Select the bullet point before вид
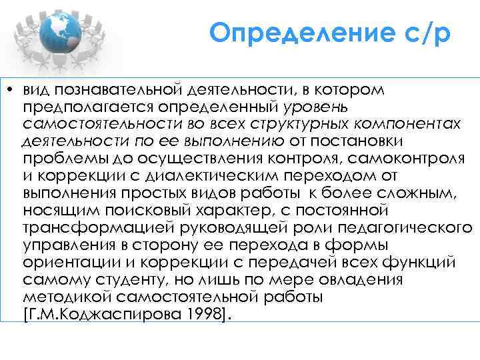[x=12, y=89]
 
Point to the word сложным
[x=431, y=193]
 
